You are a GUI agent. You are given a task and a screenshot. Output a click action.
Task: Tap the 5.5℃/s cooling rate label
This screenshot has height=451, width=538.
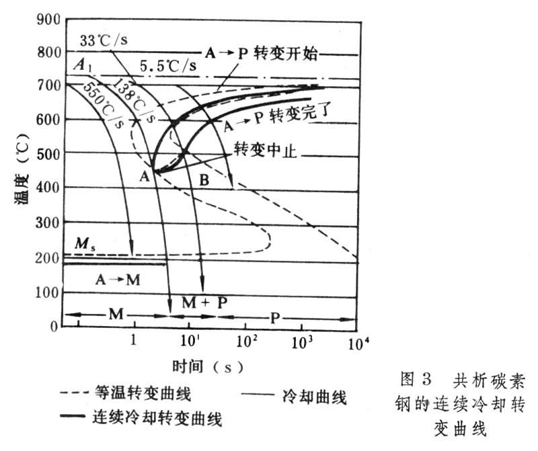pos(168,67)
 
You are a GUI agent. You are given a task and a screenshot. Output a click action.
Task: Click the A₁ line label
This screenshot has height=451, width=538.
pos(82,66)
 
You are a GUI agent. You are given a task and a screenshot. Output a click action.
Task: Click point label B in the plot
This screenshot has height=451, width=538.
pos(204,179)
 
